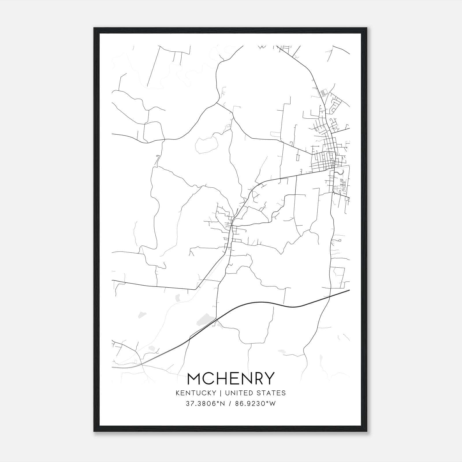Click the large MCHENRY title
[x=231, y=378]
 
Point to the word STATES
[x=272, y=393]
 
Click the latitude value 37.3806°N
[x=205, y=404]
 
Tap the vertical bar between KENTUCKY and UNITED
[x=221, y=393]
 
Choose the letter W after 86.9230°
[x=273, y=404]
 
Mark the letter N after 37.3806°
[x=222, y=404]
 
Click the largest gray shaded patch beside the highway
[x=206, y=319]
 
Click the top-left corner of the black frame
[x=94, y=28]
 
